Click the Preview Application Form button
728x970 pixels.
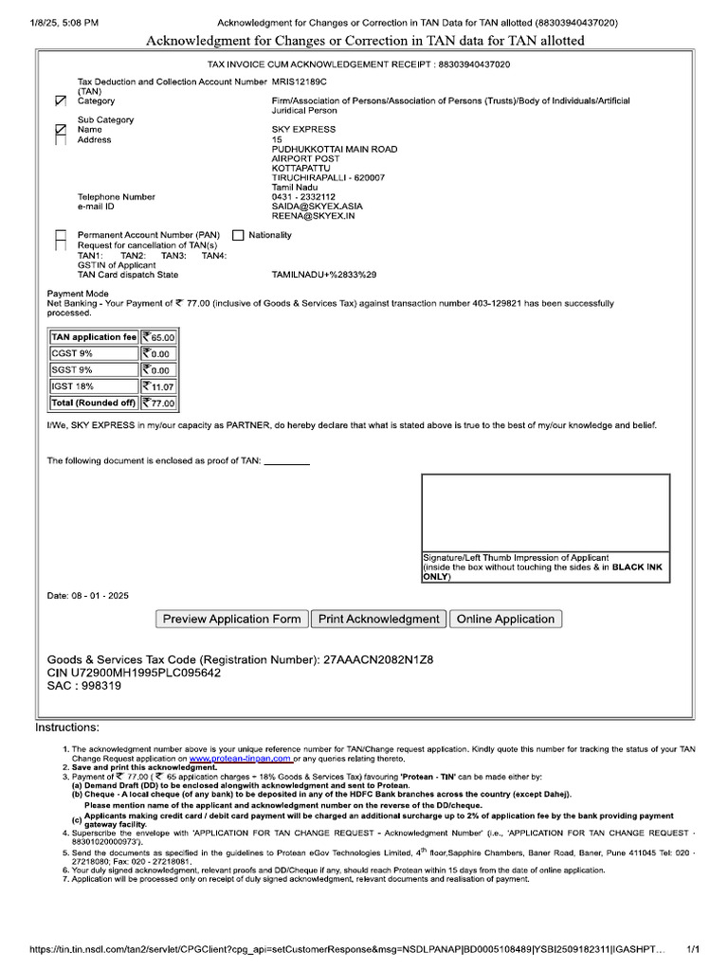point(231,619)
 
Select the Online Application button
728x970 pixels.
point(505,619)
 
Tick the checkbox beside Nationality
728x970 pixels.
point(238,235)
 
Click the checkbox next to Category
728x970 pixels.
point(62,100)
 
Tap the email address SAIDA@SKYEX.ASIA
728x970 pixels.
point(317,206)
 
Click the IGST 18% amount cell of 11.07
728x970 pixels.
point(158,386)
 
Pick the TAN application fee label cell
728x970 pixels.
point(94,337)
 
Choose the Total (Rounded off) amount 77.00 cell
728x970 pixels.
point(158,403)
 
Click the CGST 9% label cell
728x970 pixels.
point(94,353)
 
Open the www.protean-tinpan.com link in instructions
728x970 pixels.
point(240,759)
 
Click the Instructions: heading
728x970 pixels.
point(66,727)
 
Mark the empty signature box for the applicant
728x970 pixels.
point(545,512)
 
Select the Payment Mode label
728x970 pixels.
point(78,294)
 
